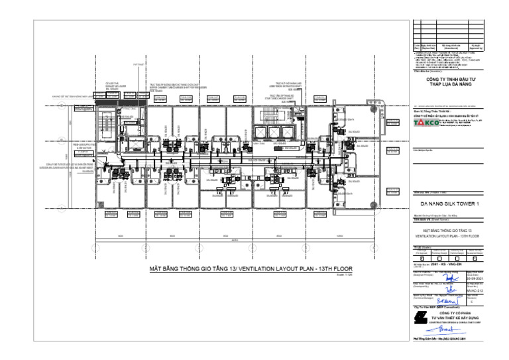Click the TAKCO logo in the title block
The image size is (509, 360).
click(x=426, y=123)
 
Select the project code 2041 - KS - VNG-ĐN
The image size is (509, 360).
click(x=446, y=264)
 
